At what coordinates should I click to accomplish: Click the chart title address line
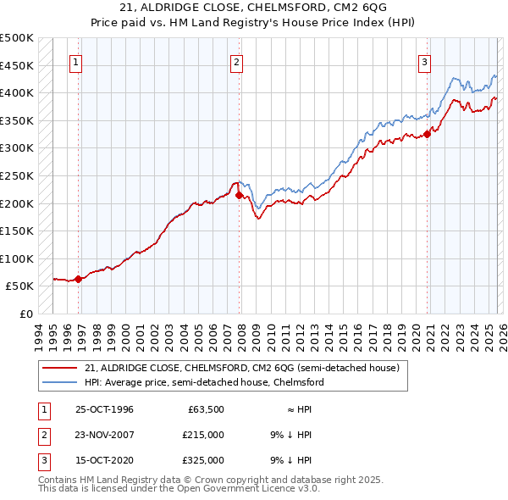pos(254,8)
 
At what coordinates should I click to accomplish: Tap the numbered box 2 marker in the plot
pos(236,61)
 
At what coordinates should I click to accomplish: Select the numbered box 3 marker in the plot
pos(424,61)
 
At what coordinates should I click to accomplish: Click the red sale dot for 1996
pos(78,278)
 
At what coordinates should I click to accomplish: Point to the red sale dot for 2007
pos(239,195)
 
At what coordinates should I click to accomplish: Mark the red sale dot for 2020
pos(428,133)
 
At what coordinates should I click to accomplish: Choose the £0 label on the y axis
pos(25,314)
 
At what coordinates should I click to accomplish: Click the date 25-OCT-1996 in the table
pos(104,409)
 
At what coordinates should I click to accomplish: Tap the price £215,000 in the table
pos(202,435)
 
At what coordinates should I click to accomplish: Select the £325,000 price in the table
pos(202,460)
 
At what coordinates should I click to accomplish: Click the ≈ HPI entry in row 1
pos(299,409)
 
